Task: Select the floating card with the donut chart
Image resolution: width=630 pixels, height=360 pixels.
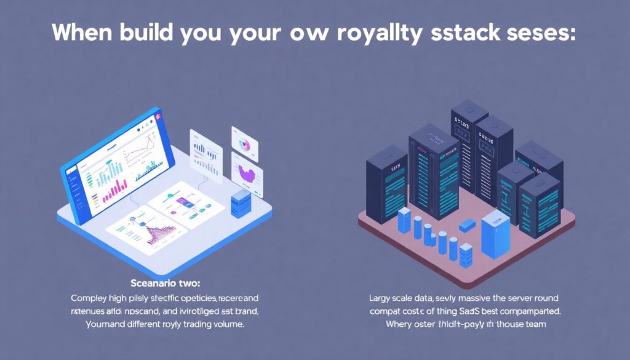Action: (x=244, y=144)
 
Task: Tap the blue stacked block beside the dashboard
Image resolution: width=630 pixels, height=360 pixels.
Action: (x=241, y=202)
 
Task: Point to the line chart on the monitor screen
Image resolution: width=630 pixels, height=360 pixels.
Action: (x=140, y=153)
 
